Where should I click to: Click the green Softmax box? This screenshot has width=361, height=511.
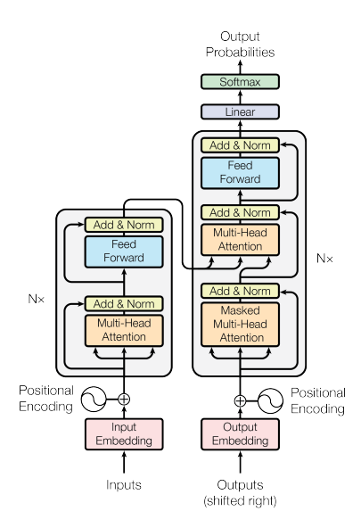[x=240, y=82]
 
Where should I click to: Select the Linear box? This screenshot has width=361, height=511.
[x=240, y=111]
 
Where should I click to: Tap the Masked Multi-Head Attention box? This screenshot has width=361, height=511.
[x=240, y=325]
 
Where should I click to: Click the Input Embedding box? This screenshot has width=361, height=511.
[x=124, y=434]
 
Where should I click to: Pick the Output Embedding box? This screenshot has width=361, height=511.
[x=240, y=434]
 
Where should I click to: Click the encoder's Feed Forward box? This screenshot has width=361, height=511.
[x=124, y=251]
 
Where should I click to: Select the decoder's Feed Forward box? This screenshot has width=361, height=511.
[x=240, y=173]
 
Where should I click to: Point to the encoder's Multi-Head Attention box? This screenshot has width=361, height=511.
[x=124, y=331]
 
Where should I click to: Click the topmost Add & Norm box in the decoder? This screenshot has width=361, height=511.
[x=240, y=145]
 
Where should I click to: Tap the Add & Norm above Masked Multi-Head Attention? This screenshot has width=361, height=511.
[x=240, y=291]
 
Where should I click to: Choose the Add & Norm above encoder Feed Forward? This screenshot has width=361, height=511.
[x=124, y=225]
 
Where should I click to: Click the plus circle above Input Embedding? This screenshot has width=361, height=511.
[x=124, y=400]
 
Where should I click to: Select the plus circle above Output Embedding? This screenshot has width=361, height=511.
[x=240, y=400]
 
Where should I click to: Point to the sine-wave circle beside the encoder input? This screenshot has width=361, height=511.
[x=94, y=400]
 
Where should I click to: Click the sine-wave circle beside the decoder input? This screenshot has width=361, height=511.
[x=270, y=400]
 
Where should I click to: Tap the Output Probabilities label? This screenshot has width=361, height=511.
[x=240, y=45]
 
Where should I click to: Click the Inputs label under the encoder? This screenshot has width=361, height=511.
[x=124, y=485]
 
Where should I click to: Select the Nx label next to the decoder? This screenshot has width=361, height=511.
[x=324, y=259]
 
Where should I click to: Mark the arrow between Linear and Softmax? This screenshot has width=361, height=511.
[x=240, y=97]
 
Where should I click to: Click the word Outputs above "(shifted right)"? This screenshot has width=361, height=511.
[x=240, y=485]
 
